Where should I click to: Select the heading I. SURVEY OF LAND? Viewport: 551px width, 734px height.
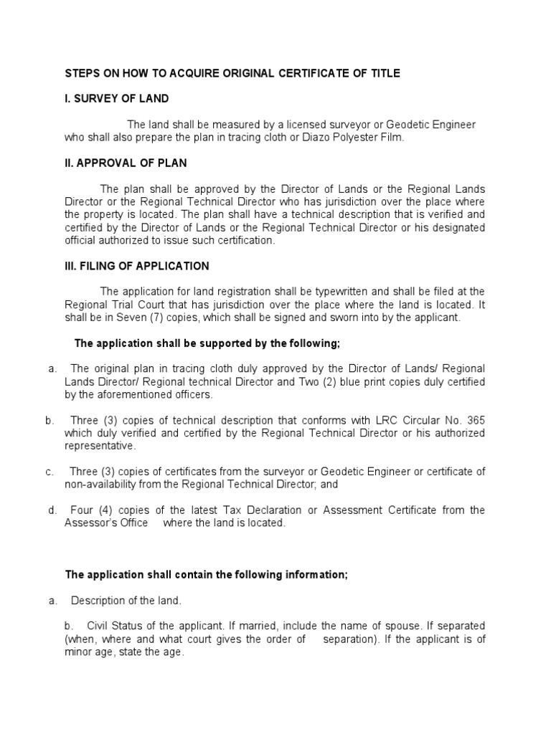pyautogui.click(x=117, y=98)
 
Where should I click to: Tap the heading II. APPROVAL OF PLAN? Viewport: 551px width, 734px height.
pyautogui.click(x=126, y=163)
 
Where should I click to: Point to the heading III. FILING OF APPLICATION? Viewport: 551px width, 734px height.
pyautogui.click(x=137, y=266)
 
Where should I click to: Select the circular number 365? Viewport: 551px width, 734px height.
pyautogui.click(x=474, y=420)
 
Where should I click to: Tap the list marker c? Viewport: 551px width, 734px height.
pyautogui.click(x=50, y=472)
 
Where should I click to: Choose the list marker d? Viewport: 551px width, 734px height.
pyautogui.click(x=52, y=510)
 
